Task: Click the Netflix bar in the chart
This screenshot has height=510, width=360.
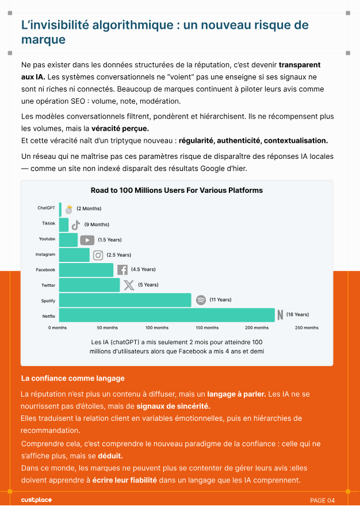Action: (167, 315)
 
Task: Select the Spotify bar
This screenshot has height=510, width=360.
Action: (125, 300)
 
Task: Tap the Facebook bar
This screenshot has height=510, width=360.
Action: (86, 269)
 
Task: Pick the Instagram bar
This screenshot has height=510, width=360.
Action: (74, 254)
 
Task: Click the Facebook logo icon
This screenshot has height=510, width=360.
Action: (122, 269)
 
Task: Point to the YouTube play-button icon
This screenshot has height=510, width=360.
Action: (87, 240)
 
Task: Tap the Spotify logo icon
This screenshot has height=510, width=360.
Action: (201, 300)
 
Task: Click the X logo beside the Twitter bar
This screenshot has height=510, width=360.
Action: (129, 285)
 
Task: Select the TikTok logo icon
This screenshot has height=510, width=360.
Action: (75, 224)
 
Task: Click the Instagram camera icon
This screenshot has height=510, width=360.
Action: (98, 255)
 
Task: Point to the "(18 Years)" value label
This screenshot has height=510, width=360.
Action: (297, 315)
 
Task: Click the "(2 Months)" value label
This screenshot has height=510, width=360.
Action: (89, 208)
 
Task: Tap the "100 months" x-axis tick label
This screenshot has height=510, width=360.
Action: (157, 328)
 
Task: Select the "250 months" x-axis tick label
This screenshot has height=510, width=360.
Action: (307, 328)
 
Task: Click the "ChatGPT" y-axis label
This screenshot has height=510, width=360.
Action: (46, 208)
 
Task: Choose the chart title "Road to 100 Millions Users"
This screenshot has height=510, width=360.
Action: (177, 190)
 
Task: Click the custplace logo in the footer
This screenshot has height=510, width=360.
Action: (36, 500)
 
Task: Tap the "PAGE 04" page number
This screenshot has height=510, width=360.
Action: (322, 500)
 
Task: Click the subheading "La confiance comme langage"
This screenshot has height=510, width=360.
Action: (72, 378)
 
